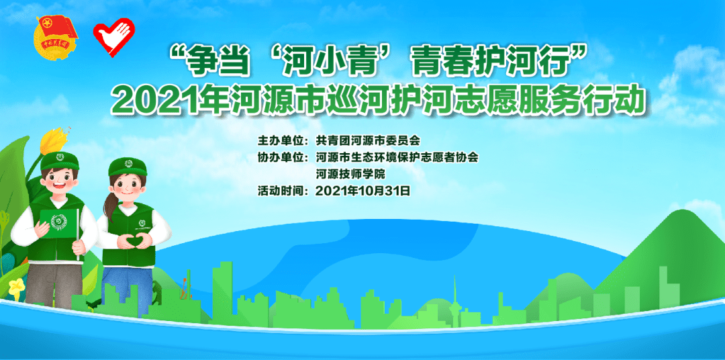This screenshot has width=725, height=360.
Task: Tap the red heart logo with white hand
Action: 113,36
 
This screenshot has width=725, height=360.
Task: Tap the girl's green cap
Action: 127,165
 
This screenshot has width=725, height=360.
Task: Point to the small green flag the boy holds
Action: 56,219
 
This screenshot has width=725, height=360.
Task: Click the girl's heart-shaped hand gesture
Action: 131,239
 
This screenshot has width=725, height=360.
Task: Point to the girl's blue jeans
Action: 124,282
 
